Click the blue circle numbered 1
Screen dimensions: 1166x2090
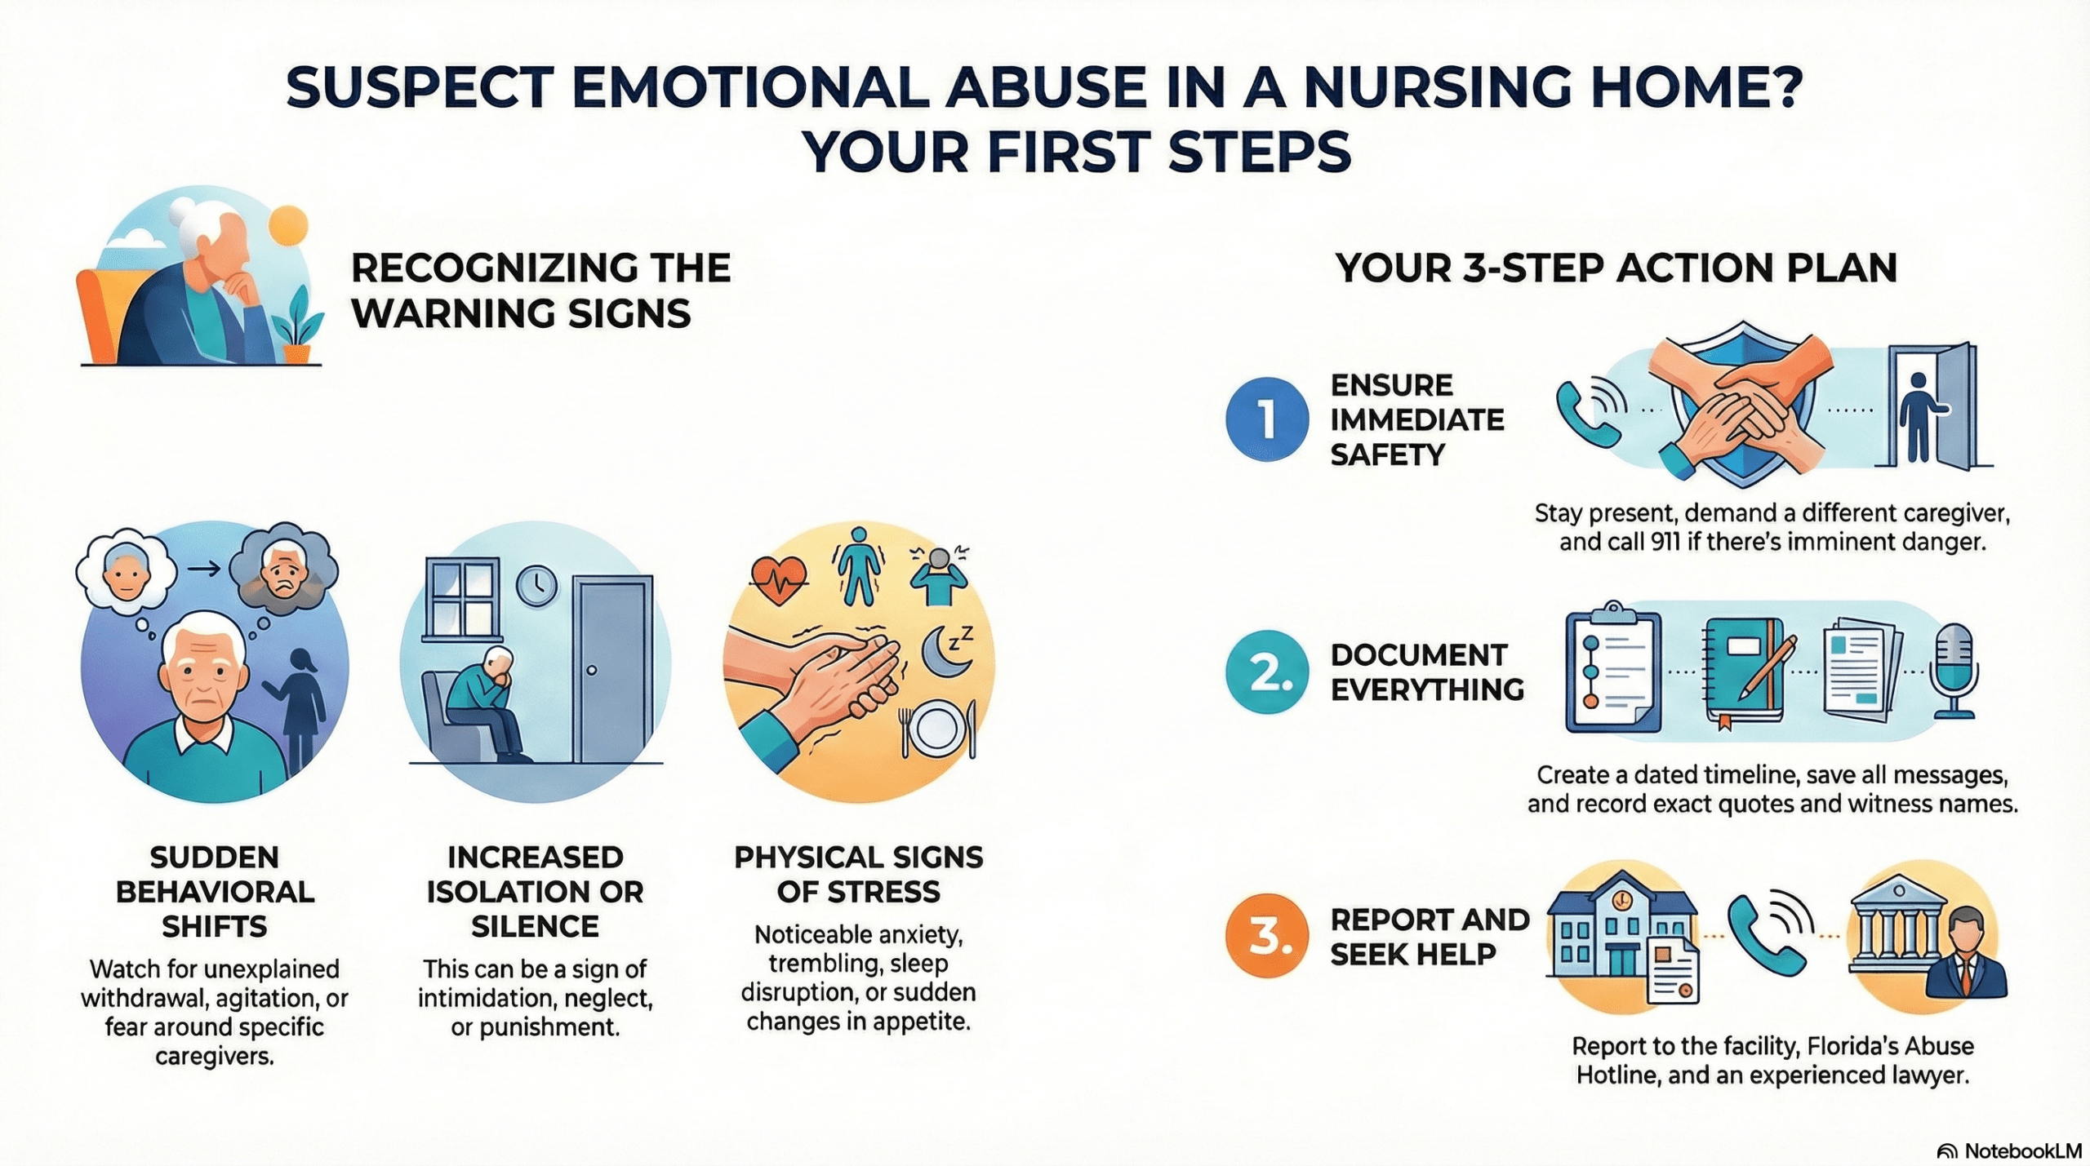[1266, 419]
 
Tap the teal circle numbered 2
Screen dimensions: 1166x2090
[1266, 672]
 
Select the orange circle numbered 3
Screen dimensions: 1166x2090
[1266, 935]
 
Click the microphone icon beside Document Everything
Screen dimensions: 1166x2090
[1954, 671]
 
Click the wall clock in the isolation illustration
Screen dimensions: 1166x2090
[536, 585]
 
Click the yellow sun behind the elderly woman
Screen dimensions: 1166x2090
[288, 225]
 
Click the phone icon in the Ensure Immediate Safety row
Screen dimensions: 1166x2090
[1588, 412]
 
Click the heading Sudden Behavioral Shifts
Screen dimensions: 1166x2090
[215, 891]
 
